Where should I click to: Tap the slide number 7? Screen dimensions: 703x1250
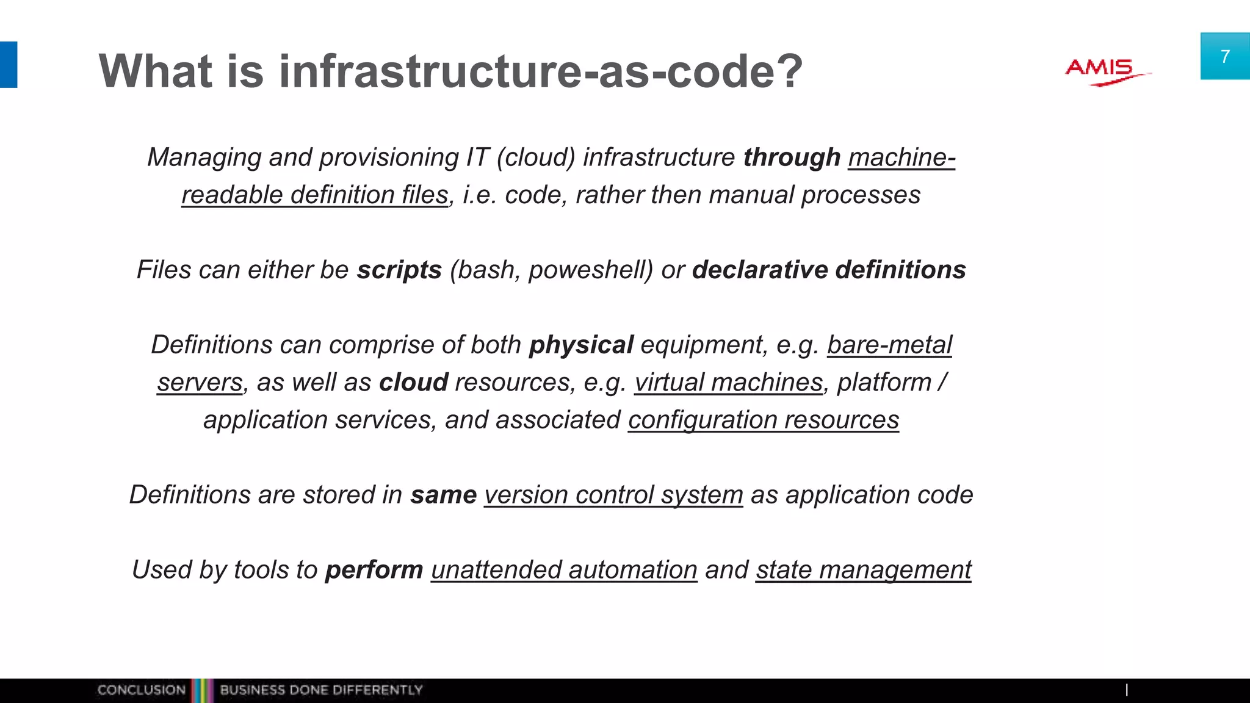[1224, 57]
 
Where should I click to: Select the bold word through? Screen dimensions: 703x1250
[792, 157]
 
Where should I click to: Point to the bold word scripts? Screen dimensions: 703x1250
[399, 270]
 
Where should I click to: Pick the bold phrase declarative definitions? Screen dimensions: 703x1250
[829, 270]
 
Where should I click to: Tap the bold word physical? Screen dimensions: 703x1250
[581, 345]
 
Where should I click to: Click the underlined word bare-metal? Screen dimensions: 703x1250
[889, 345]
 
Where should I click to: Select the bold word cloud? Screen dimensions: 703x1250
[414, 383]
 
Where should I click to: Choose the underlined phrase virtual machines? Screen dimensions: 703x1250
[728, 383]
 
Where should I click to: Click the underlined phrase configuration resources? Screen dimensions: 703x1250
[764, 420]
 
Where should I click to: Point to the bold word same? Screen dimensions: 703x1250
[443, 495]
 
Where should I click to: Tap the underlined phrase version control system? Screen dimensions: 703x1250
[613, 495]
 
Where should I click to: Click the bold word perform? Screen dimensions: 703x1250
[374, 570]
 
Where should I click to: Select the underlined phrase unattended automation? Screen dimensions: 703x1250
[564, 570]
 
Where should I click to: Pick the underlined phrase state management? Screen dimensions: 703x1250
[863, 570]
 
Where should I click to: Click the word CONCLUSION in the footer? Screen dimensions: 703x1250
[141, 690]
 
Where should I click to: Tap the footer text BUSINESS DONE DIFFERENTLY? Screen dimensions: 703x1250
[321, 690]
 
